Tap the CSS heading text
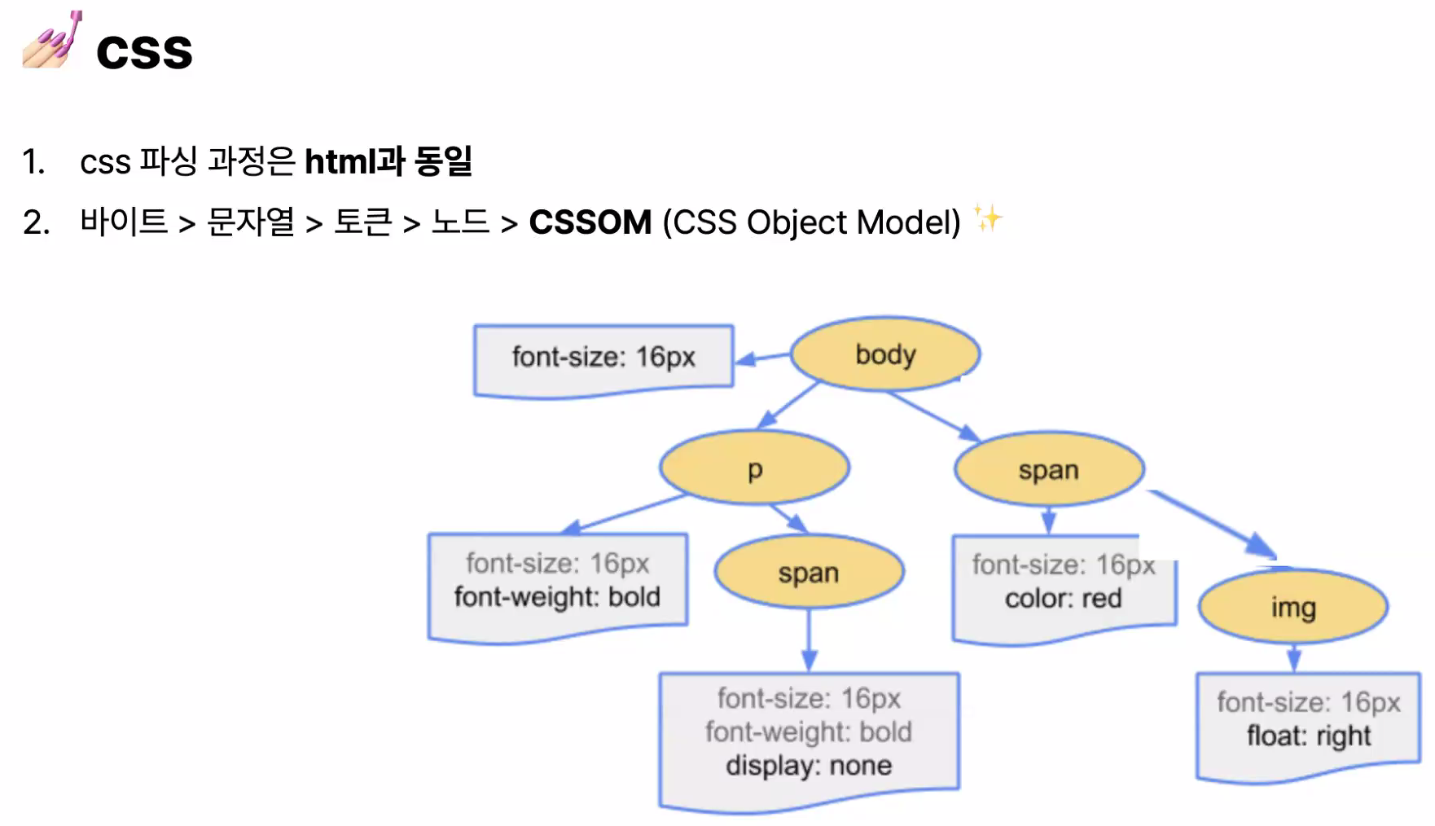point(144,52)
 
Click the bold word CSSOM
point(590,222)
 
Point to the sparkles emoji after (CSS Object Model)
point(988,218)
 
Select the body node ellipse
point(885,354)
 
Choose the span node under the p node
point(808,573)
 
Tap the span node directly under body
point(1048,470)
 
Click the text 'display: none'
point(808,766)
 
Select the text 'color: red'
point(1063,599)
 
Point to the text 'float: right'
point(1308,736)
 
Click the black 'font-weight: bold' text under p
point(557,597)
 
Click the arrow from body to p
point(788,405)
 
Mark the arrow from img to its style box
point(1293,657)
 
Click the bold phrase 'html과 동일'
point(388,161)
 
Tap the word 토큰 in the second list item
point(363,222)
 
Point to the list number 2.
point(36,222)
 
